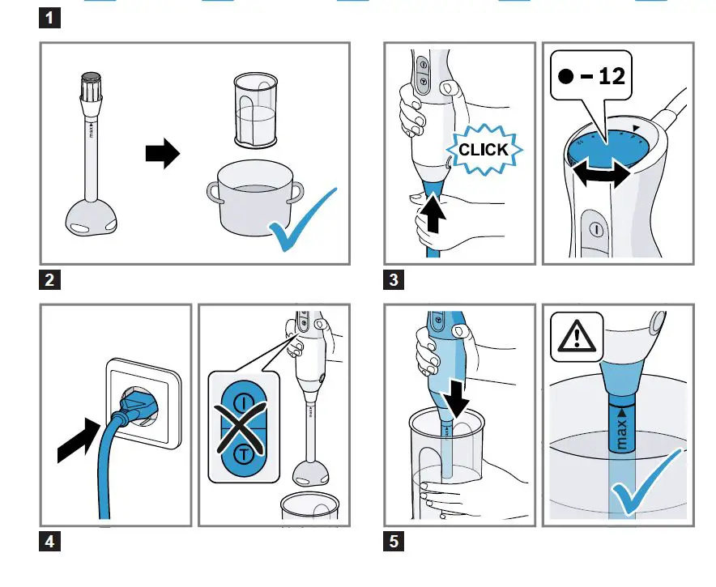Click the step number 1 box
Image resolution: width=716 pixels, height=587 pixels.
coord(51,16)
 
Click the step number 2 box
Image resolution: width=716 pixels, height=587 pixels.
coord(51,281)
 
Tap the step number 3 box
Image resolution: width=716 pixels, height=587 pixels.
coord(394,281)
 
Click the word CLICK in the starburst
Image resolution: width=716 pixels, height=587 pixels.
coord(484,150)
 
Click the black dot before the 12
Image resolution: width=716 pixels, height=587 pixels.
coord(567,76)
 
